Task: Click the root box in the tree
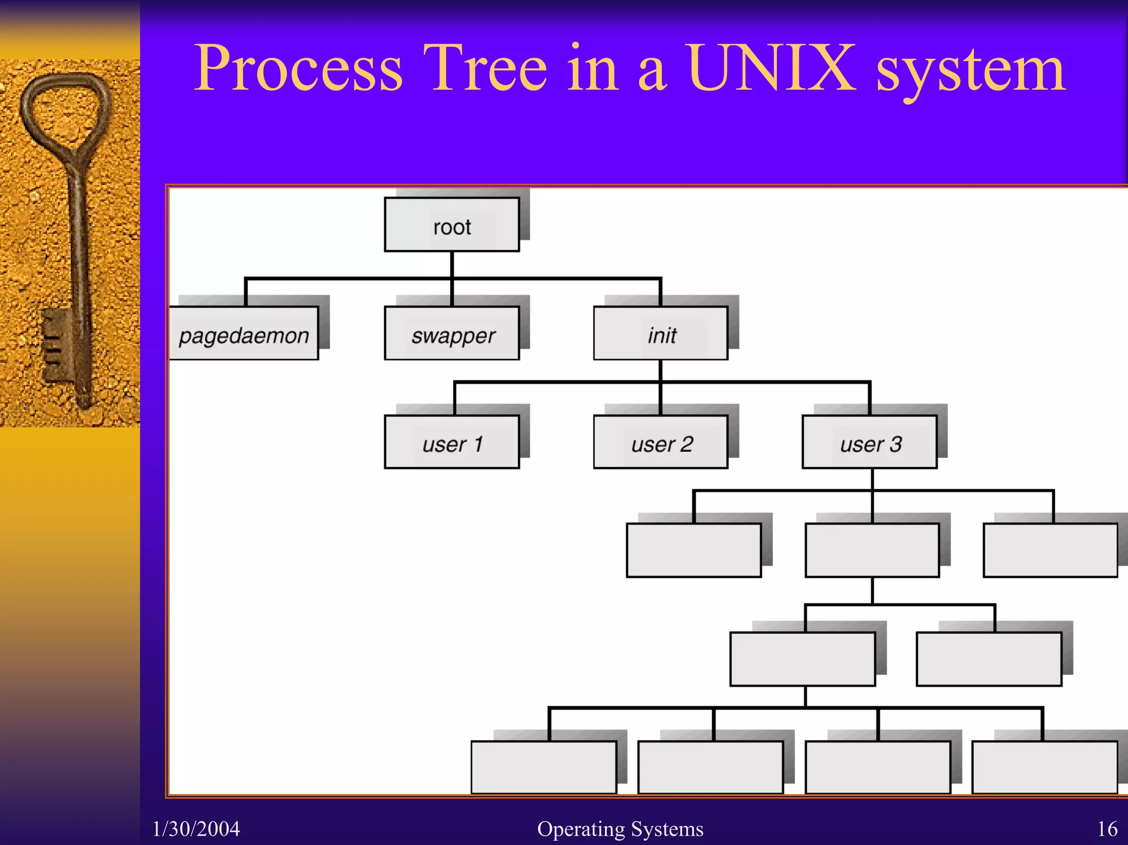[452, 225]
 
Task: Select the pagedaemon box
[243, 333]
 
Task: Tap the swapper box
[452, 333]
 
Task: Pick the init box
[660, 333]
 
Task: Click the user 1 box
[452, 442]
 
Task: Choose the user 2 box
[660, 442]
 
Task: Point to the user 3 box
[870, 442]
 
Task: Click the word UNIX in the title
[771, 68]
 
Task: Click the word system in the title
[970, 72]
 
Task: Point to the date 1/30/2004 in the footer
[196, 828]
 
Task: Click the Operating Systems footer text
[620, 828]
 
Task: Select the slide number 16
[1107, 828]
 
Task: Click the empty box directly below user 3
[872, 550]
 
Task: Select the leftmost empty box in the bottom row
[544, 767]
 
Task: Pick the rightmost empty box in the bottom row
[1045, 767]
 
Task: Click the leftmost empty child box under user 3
[694, 550]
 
